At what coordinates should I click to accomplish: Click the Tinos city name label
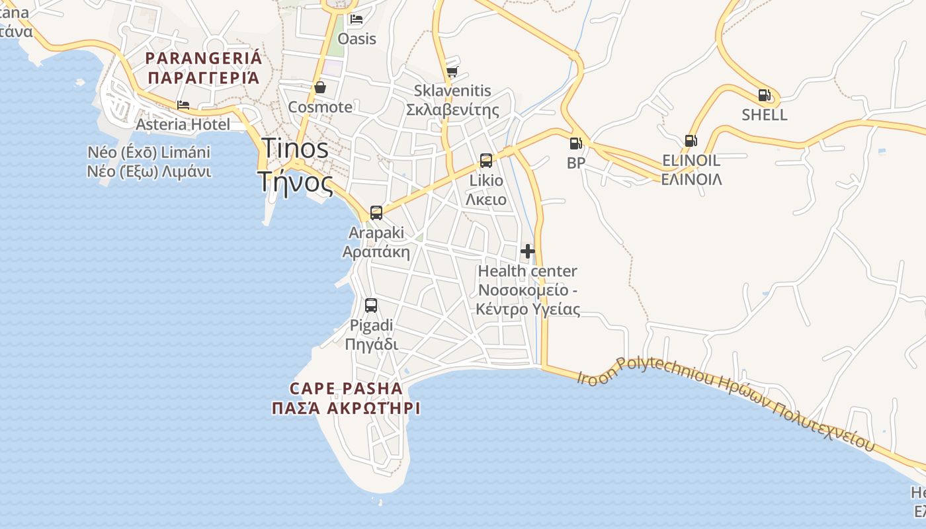click(x=295, y=149)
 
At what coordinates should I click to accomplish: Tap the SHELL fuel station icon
click(x=764, y=95)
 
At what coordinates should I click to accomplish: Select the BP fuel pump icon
click(x=575, y=143)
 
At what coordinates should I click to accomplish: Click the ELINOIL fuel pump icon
click(x=691, y=140)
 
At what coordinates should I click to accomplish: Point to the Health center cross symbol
click(x=528, y=251)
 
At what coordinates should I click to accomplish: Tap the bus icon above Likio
click(x=486, y=161)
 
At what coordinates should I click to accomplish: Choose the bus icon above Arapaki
click(x=376, y=213)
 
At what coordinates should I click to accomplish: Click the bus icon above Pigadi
click(x=371, y=305)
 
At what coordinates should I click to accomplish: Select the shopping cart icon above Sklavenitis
click(x=452, y=71)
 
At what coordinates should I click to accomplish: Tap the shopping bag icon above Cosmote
click(x=320, y=87)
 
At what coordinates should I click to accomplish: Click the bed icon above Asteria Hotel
click(x=183, y=105)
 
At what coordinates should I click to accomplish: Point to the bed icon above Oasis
click(x=357, y=19)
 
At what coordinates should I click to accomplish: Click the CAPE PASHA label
click(x=347, y=388)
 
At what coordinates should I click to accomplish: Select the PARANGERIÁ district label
click(x=204, y=58)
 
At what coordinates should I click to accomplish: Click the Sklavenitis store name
click(x=452, y=91)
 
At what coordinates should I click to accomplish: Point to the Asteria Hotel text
click(x=183, y=124)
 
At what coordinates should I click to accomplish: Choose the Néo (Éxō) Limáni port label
click(x=149, y=153)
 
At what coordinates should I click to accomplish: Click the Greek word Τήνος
click(x=296, y=181)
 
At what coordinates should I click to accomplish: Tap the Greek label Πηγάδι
click(x=371, y=345)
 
